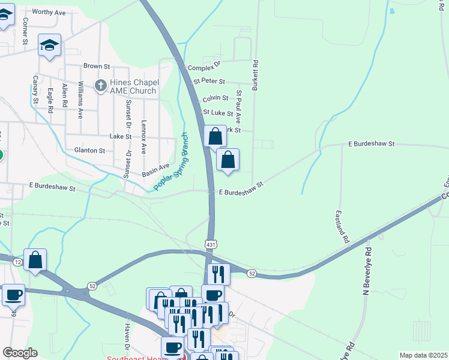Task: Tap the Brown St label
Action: (97, 66)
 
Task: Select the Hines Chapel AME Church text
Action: (133, 86)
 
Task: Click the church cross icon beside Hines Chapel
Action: (101, 86)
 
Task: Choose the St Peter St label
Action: (209, 81)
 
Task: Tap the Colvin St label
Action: (215, 98)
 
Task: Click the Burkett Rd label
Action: (255, 75)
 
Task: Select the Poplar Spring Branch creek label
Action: (172, 162)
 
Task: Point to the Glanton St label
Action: (89, 151)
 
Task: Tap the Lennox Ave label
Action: (144, 137)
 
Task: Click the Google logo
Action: (20, 353)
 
